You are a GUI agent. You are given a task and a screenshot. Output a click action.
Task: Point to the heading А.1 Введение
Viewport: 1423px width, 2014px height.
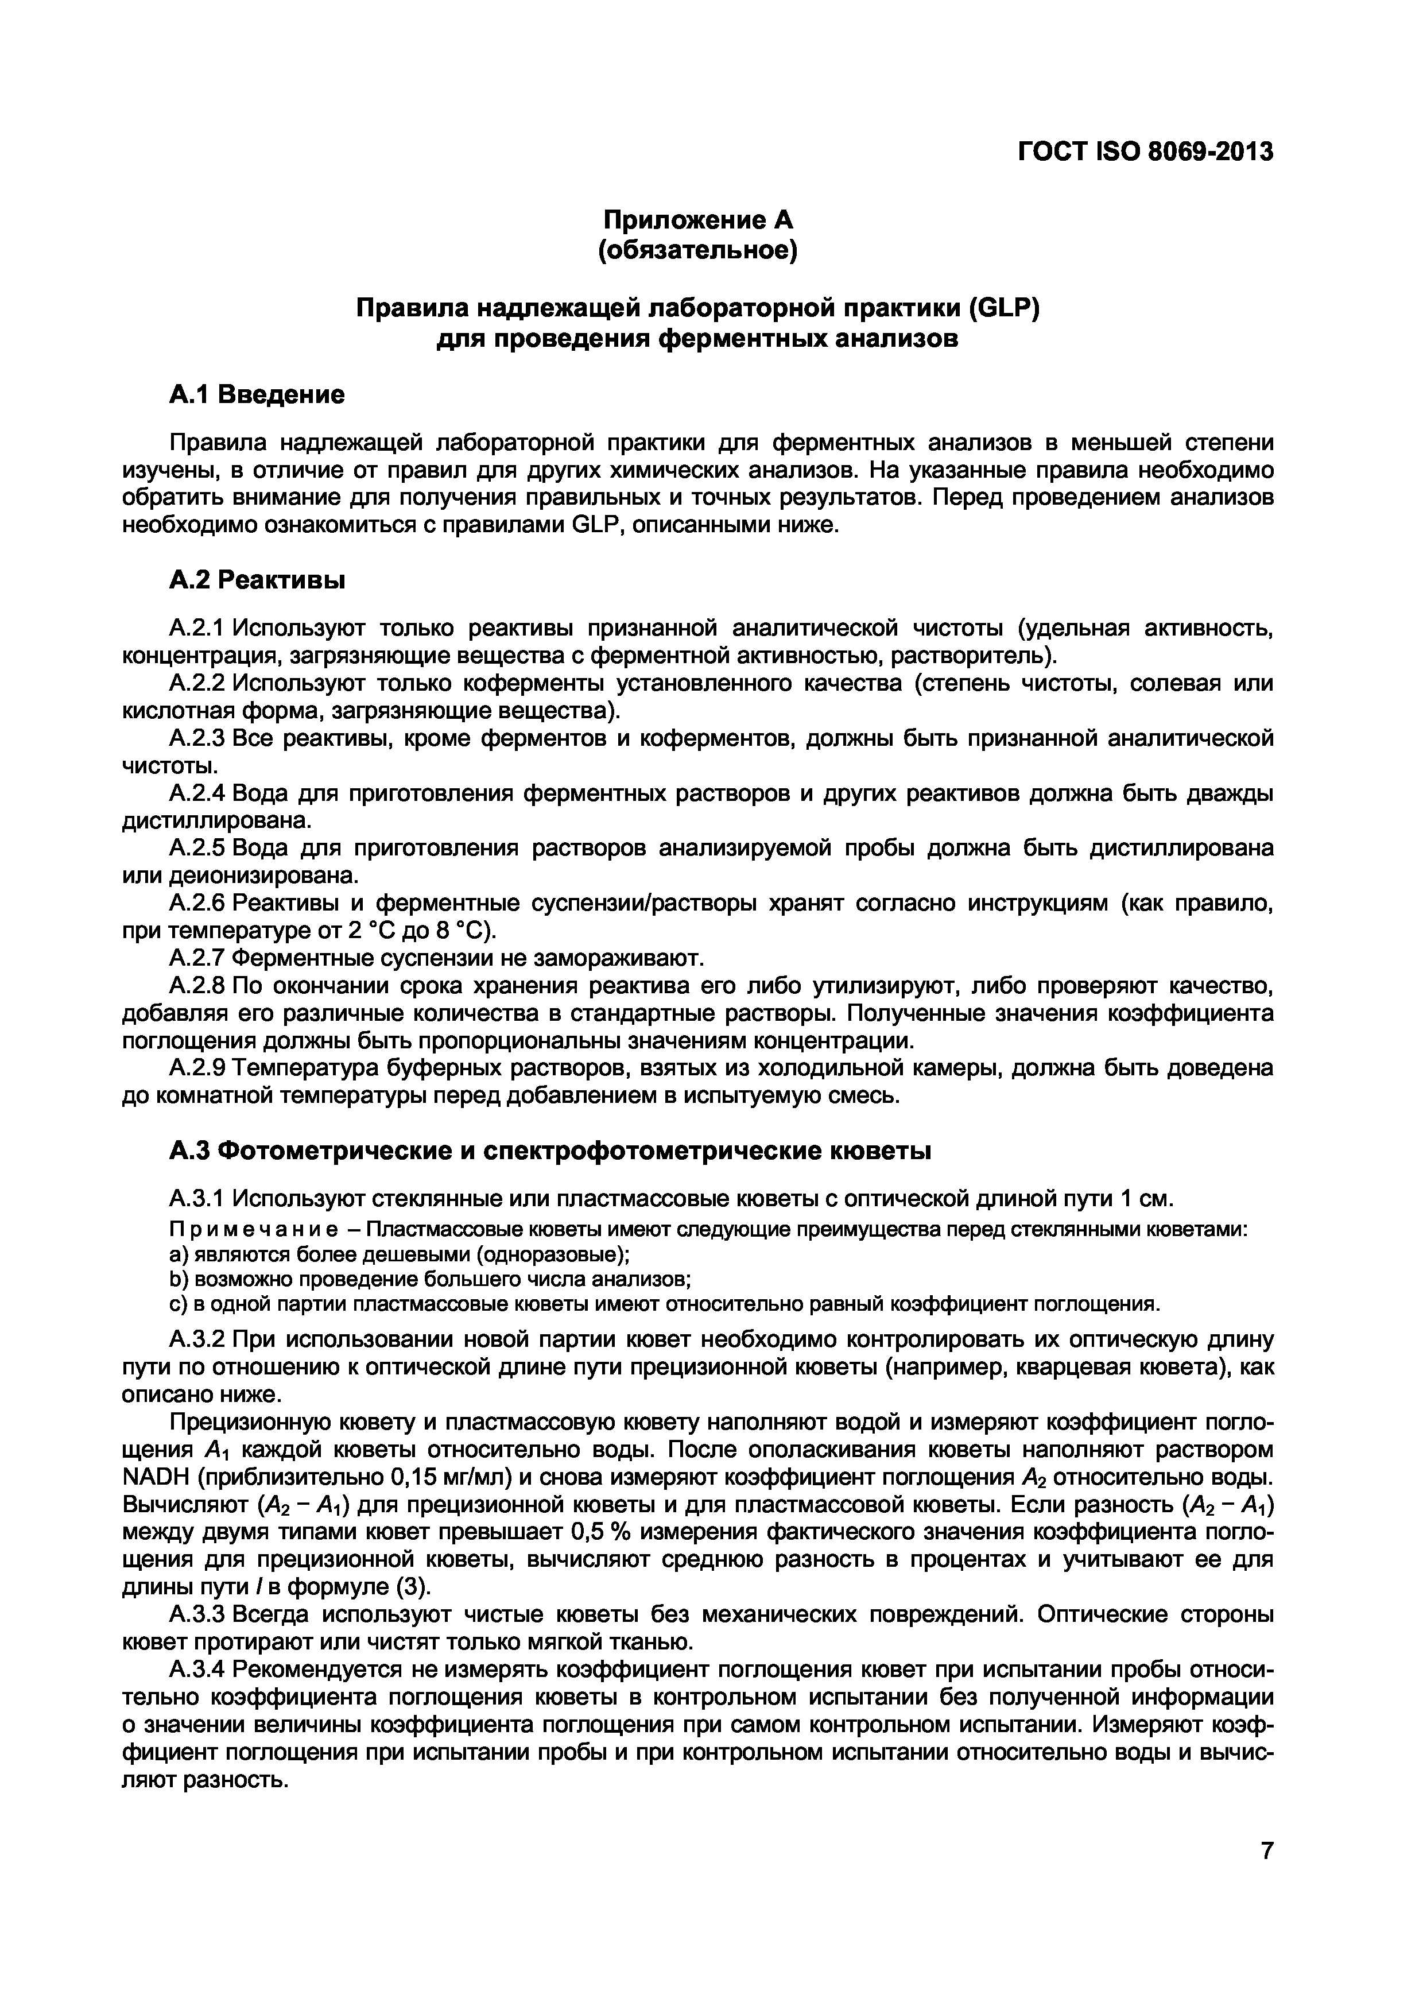coord(257,395)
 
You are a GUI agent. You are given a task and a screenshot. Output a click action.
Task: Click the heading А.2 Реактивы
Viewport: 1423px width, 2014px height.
coord(257,580)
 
